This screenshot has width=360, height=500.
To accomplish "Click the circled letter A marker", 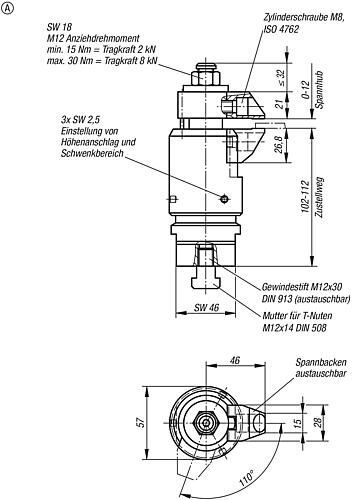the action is point(8,9).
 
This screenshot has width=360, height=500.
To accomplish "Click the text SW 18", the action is point(59,27).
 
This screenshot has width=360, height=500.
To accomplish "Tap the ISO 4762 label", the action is point(281,29).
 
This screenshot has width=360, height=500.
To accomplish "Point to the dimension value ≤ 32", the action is point(281,77).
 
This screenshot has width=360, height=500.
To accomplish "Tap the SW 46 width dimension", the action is point(206,307).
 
